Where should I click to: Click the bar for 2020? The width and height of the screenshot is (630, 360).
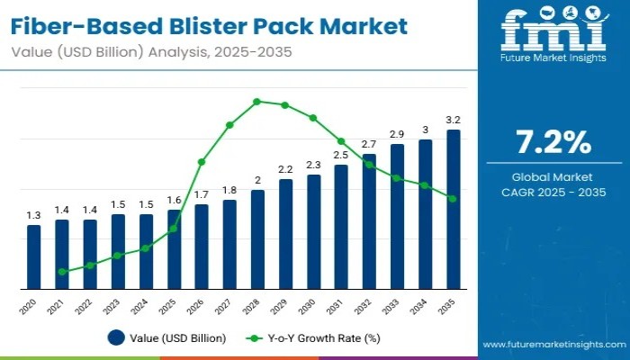(x=33, y=257)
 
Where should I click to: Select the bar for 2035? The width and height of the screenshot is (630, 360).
(x=454, y=210)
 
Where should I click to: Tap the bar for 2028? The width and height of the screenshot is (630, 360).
(x=257, y=239)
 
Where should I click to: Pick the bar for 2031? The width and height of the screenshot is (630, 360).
(x=341, y=227)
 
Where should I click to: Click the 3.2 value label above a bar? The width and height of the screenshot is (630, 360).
(x=454, y=120)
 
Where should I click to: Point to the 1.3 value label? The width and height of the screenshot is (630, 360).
(x=33, y=215)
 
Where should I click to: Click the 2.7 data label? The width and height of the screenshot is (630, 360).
(x=369, y=144)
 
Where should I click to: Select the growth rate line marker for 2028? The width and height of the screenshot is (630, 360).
(x=257, y=102)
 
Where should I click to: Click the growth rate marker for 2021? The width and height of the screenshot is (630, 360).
(x=62, y=271)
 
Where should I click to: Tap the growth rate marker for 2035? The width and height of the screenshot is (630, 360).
(x=453, y=199)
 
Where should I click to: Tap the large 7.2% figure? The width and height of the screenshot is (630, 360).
(x=553, y=141)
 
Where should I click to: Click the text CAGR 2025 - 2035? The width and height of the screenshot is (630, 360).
(x=553, y=191)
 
